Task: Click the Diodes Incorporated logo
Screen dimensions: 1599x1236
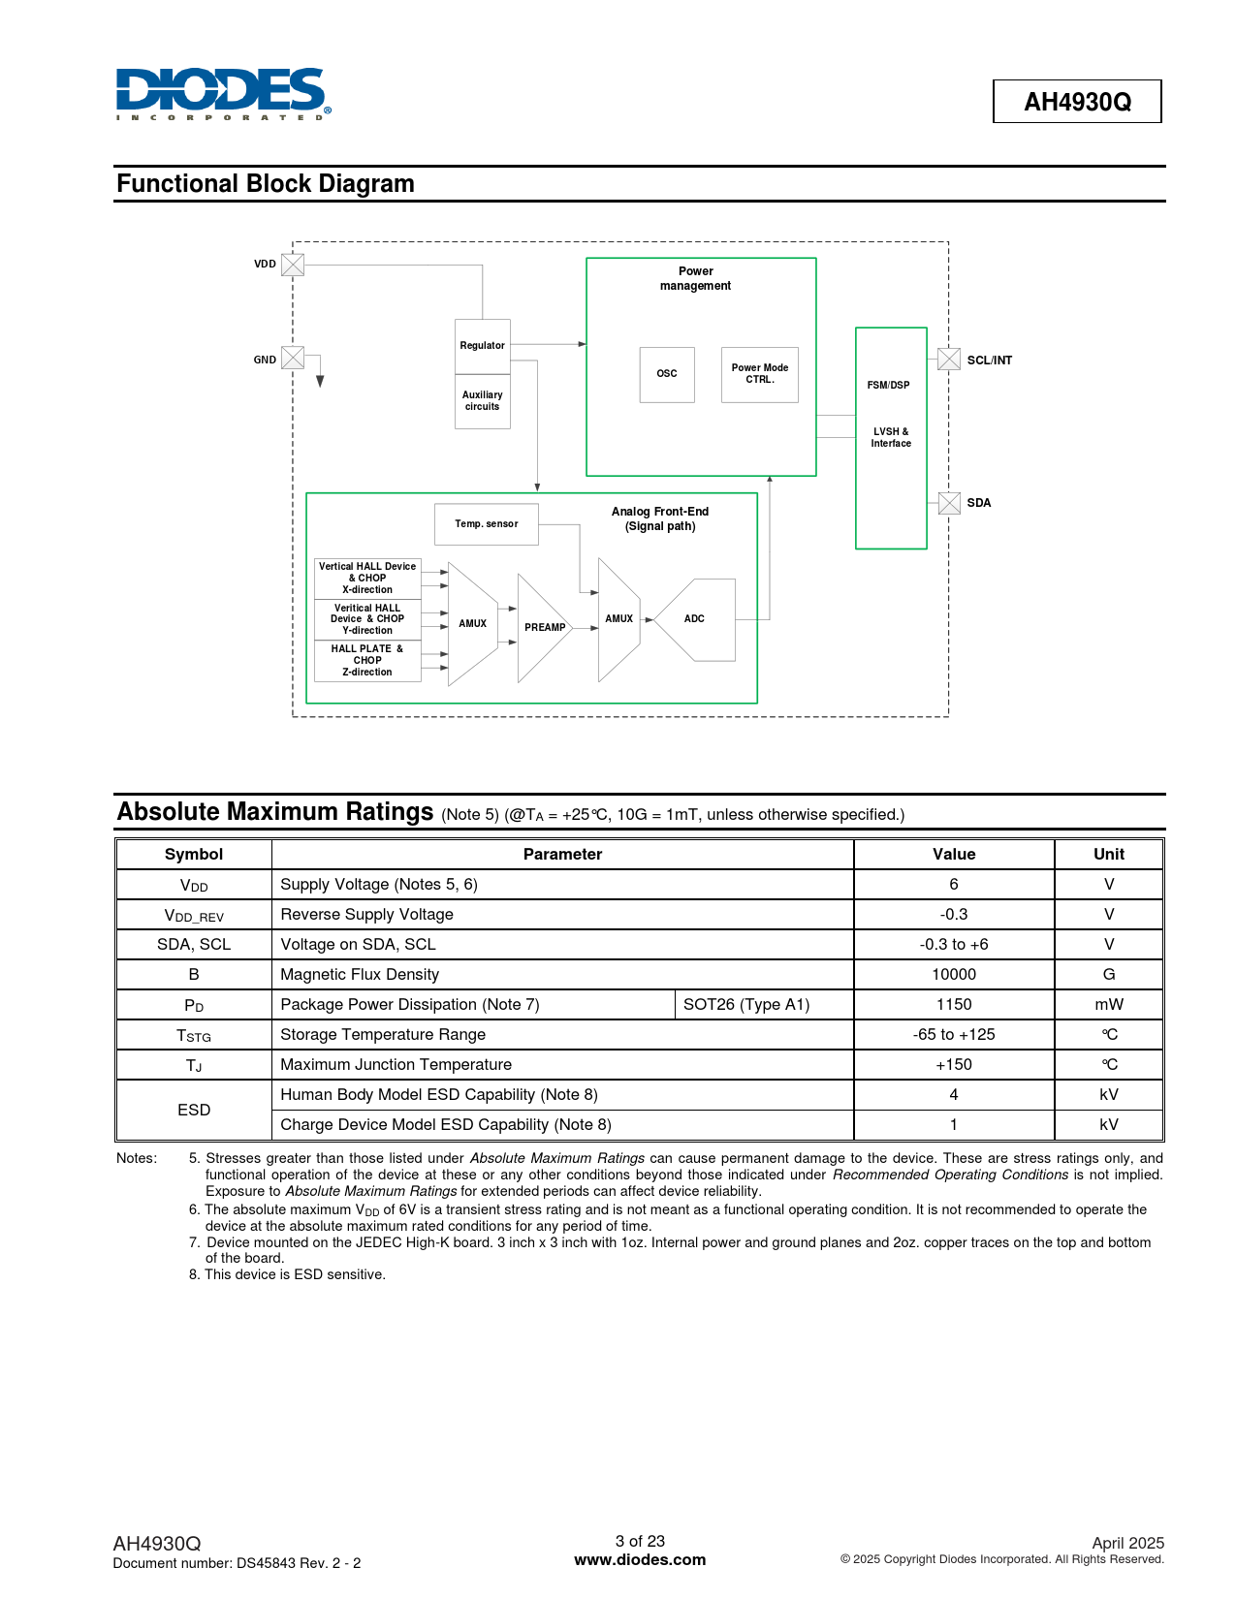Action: point(223,93)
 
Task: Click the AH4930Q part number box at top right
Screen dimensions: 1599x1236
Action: point(1077,102)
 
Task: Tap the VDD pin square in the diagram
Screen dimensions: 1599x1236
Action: point(293,265)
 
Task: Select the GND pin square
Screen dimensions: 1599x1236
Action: point(293,358)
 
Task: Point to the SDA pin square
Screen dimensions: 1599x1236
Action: point(949,503)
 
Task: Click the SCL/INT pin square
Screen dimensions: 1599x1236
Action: point(949,360)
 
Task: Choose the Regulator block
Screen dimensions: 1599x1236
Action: point(483,346)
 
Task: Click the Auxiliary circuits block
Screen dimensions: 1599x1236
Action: point(483,401)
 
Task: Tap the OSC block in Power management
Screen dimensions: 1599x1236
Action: point(667,374)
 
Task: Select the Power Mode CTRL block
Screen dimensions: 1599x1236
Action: point(760,374)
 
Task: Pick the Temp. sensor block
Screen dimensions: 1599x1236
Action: point(487,524)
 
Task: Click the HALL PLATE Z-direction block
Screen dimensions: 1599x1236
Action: point(367,661)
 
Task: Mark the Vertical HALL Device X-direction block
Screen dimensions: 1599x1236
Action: point(367,579)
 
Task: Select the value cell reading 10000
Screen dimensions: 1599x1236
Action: point(954,975)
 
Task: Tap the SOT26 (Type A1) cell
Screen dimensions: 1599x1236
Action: point(746,1005)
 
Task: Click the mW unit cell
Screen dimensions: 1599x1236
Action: point(1109,1005)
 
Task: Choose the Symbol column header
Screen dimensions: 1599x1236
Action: point(194,855)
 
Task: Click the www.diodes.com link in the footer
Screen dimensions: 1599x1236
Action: point(640,1560)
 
